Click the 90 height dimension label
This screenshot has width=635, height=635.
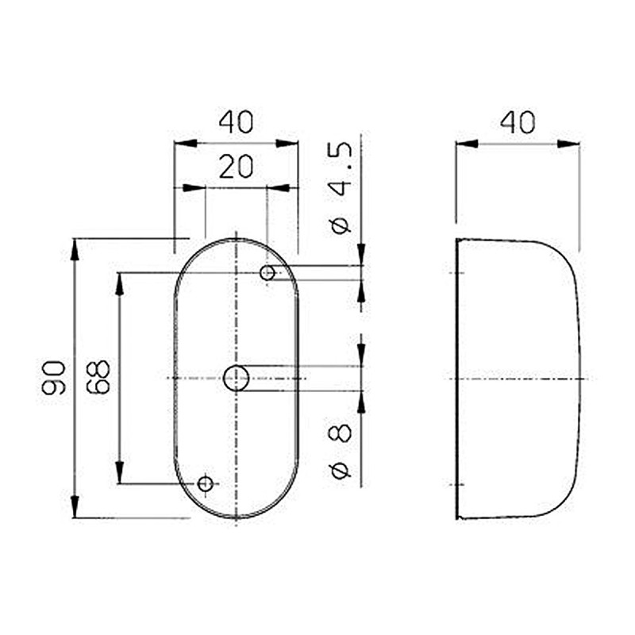coord(53,377)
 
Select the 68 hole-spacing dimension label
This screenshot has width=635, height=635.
coord(98,377)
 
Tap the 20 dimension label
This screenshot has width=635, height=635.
coord(236,167)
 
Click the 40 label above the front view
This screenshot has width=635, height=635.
coord(236,122)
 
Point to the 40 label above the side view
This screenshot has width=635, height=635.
coord(518,122)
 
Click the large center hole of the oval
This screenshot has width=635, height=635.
coord(236,379)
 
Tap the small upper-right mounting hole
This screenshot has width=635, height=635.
coord(268,273)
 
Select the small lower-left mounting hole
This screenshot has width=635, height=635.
coord(206,483)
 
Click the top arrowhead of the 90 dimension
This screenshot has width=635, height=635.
coord(75,248)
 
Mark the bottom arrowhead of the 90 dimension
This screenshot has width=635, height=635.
coord(75,507)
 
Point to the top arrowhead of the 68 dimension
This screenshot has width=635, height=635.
coord(120,283)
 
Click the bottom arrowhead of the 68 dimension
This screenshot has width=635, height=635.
coord(120,472)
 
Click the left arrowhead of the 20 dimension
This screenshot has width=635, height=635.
coord(194,188)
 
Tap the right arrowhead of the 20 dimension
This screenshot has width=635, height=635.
coord(278,188)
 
